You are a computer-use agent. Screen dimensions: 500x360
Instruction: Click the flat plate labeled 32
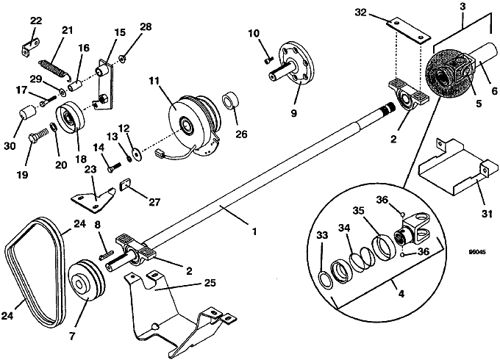pyautogui.click(x=409, y=31)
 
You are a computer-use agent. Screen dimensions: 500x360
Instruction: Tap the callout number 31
pyautogui.click(x=487, y=214)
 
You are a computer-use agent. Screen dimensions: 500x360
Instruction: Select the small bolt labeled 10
pyautogui.click(x=269, y=60)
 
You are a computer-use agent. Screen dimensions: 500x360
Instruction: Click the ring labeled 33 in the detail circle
pyautogui.click(x=324, y=279)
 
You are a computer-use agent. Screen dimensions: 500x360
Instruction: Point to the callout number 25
pyautogui.click(x=210, y=283)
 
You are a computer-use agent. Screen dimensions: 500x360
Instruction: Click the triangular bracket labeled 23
pyautogui.click(x=93, y=199)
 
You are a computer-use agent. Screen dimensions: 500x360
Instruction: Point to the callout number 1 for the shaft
pyautogui.click(x=254, y=231)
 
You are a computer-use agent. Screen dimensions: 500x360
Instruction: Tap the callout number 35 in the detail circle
pyautogui.click(x=360, y=211)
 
